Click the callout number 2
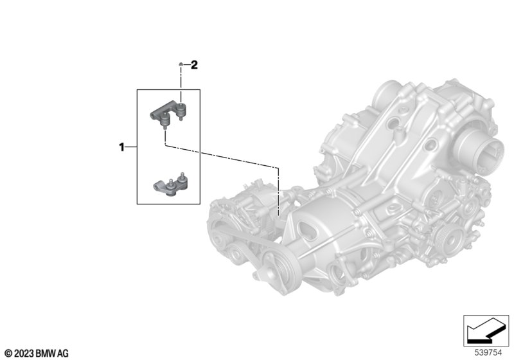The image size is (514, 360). pos(194,65)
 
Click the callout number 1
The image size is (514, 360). pos(121,147)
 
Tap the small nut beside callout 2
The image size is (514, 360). pos(181,64)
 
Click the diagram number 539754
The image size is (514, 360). pos(488,353)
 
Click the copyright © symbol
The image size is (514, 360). pos(8,354)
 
